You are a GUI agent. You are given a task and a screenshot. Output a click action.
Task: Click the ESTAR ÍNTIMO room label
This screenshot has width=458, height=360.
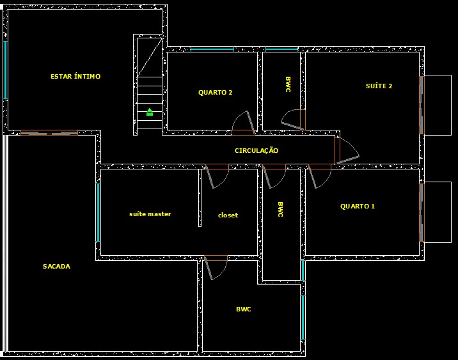point(75,77)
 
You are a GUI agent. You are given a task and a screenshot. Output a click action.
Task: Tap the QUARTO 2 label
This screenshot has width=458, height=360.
point(215,93)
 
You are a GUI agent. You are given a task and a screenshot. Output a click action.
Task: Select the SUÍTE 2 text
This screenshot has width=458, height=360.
point(379,86)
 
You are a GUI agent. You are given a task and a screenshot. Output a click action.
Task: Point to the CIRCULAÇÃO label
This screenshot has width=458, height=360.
point(257,151)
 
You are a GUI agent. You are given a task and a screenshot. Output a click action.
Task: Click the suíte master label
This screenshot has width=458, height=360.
point(150,214)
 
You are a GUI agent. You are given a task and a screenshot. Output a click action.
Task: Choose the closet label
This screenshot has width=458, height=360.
point(228,215)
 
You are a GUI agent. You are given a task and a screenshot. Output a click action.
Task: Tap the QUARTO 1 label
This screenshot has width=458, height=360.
point(358,207)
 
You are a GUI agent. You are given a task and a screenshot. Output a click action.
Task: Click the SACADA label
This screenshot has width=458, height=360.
point(56,267)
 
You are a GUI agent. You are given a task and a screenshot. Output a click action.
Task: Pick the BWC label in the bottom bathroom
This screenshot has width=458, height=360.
point(243,309)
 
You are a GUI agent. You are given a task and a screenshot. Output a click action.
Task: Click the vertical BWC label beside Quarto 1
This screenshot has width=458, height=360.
point(280,210)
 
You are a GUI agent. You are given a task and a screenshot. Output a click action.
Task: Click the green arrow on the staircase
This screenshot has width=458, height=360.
point(150,112)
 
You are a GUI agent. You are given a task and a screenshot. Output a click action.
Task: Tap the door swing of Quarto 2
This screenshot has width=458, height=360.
point(244,123)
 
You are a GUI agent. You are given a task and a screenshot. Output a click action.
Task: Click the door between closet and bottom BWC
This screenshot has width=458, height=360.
point(216,267)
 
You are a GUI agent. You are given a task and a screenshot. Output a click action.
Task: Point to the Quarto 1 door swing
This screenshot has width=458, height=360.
point(319,176)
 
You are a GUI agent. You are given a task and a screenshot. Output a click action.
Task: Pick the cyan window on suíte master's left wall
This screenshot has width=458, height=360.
point(98,213)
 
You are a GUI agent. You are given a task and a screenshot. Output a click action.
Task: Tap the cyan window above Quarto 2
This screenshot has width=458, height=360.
point(212,49)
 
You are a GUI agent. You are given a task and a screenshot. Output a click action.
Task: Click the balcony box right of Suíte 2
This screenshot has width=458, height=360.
point(438,105)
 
